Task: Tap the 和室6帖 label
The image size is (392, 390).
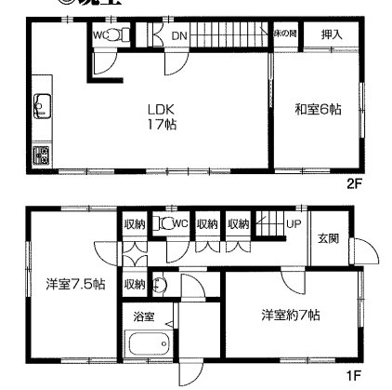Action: click(319, 109)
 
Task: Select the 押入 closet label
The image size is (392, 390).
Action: click(332, 34)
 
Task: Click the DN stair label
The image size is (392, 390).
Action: click(179, 35)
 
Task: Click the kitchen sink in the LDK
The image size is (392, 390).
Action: click(40, 111)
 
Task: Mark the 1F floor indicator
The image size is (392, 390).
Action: click(353, 376)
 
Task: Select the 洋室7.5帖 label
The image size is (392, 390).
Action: click(72, 284)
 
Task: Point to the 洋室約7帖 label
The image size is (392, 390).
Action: click(290, 315)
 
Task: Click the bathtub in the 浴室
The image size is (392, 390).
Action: click(147, 343)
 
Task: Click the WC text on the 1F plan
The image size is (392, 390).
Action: click(181, 223)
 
